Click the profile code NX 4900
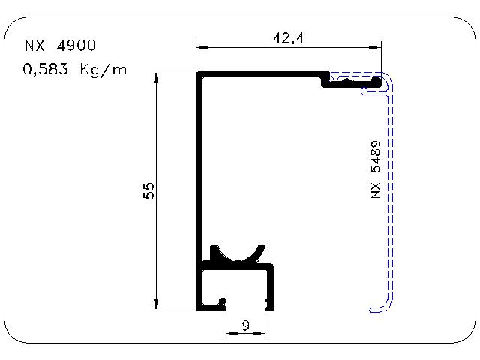(60, 45)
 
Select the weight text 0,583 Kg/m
(74, 69)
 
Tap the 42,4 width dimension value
(289, 38)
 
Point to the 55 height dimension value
(148, 191)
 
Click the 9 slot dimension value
(245, 325)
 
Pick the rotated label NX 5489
(376, 169)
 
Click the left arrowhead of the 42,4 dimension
(202, 47)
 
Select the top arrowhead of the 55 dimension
(156, 77)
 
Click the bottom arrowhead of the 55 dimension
(156, 304)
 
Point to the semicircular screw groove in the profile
(238, 254)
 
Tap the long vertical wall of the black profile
(199, 190)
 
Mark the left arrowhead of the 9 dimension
(232, 333)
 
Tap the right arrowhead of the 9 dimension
(259, 333)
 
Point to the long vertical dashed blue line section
(390, 196)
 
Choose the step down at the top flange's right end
(325, 79)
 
